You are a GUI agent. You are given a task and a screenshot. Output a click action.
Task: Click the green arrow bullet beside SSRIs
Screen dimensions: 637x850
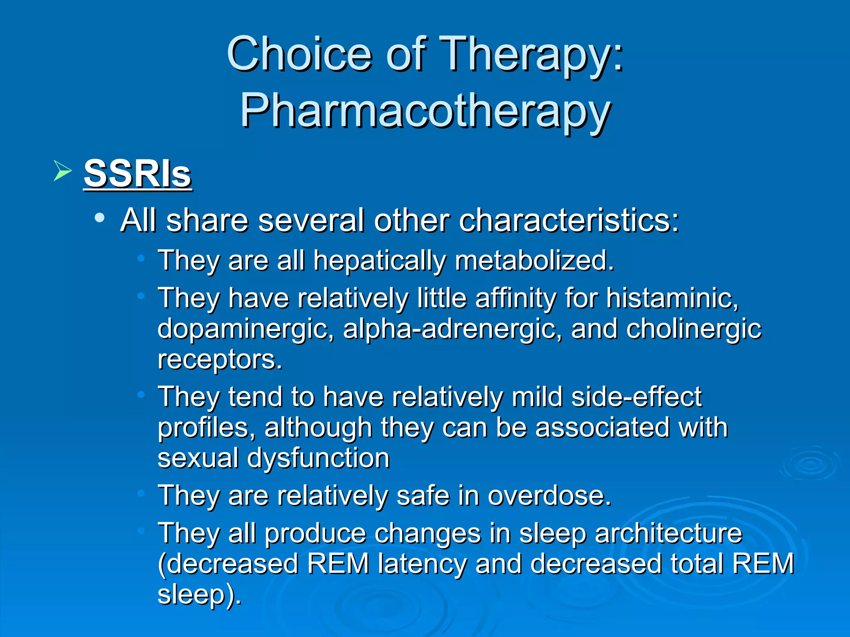[x=63, y=171]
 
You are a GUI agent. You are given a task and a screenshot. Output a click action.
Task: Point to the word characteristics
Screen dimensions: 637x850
[x=569, y=220]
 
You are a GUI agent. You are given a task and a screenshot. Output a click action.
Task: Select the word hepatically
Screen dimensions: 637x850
[x=379, y=260]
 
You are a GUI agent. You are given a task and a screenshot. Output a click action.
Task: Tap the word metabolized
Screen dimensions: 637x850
[x=534, y=260]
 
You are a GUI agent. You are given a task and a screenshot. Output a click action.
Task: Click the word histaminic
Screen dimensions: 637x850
[x=672, y=298]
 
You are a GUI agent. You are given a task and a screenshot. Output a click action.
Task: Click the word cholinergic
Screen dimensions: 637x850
[x=694, y=328]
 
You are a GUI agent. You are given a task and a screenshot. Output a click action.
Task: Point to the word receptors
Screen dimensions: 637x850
[x=220, y=359]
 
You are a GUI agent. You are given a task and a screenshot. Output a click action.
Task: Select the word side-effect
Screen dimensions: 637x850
[x=636, y=396]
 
